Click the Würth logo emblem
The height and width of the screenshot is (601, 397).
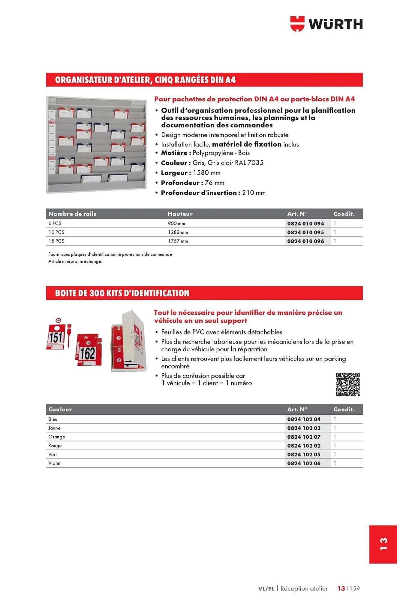point(297,24)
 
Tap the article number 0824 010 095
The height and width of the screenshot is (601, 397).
point(305,232)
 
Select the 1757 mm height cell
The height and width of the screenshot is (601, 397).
point(178,241)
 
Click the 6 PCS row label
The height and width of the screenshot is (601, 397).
point(55,223)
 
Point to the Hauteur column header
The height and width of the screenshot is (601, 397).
point(180,214)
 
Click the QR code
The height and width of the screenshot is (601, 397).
point(347,384)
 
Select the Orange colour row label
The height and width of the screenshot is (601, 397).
point(57,437)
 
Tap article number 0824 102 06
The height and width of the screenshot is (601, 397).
point(304,463)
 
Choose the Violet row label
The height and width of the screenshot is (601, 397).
point(55,463)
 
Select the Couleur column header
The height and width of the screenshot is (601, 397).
point(60,409)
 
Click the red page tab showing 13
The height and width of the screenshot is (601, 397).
point(383,544)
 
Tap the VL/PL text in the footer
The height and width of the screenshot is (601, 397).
point(266,589)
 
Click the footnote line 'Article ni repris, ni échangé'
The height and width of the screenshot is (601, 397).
point(75,261)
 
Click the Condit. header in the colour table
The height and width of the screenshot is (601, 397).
point(344,409)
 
